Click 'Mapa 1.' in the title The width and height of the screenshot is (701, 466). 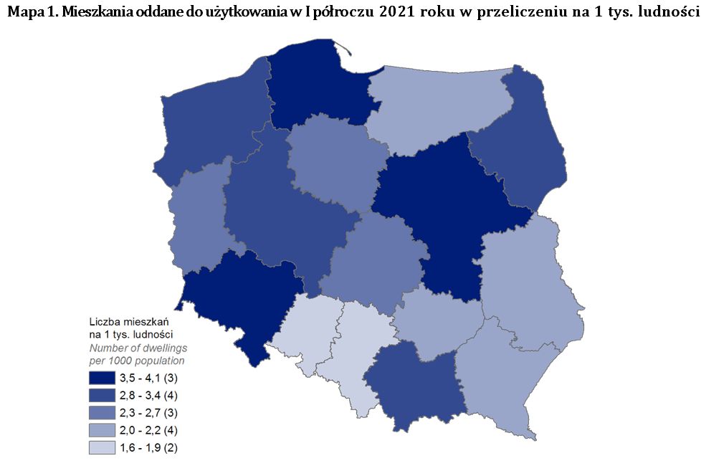(x=28, y=13)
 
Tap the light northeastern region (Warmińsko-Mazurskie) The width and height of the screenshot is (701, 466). (x=437, y=108)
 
